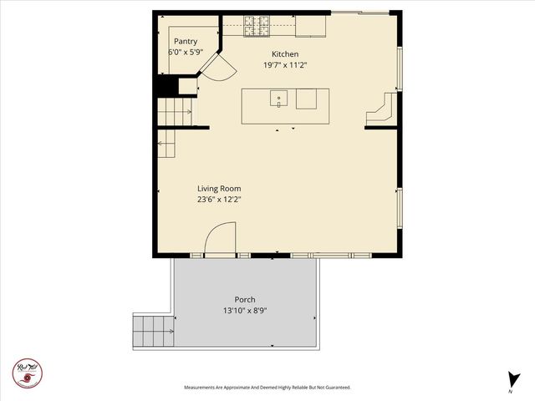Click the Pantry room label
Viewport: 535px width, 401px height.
[186, 41]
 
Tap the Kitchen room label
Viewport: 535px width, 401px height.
[285, 54]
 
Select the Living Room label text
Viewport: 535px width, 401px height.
[219, 188]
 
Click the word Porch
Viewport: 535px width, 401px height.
[245, 299]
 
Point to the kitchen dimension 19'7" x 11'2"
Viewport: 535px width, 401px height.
[285, 65]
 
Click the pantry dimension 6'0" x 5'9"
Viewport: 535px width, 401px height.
[186, 52]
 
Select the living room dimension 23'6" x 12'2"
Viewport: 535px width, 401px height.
[219, 200]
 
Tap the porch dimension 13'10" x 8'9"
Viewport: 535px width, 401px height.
[245, 311]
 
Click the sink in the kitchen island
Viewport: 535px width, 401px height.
[278, 99]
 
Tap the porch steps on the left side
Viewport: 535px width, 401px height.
[152, 332]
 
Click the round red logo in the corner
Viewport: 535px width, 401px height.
[27, 373]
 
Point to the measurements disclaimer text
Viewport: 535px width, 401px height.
[267, 388]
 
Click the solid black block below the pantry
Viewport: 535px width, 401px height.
[166, 86]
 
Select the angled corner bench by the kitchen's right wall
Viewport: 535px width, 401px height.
[383, 112]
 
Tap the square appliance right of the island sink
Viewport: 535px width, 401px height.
[306, 99]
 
